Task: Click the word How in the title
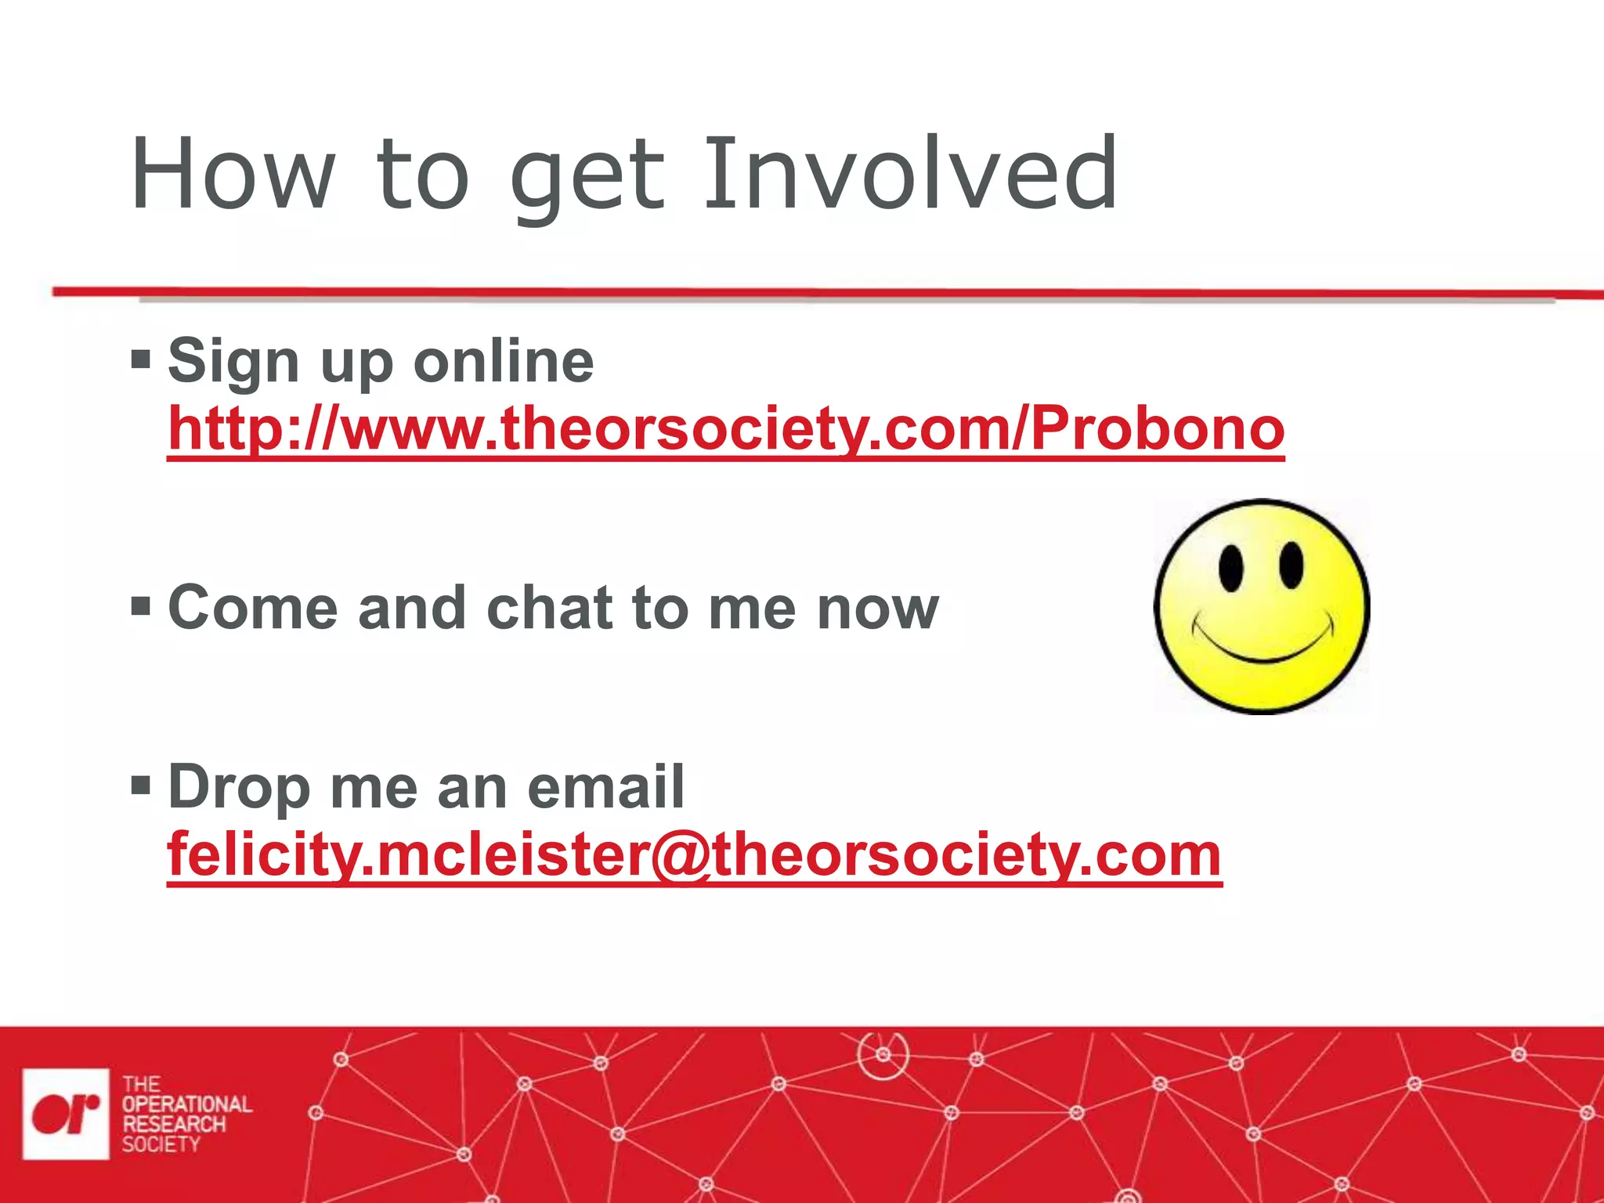(233, 174)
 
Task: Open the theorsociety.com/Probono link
(725, 429)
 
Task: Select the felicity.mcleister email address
(694, 855)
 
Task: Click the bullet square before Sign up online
(141, 360)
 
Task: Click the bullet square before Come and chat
(141, 605)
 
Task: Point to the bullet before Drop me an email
(141, 785)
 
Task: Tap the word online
(504, 362)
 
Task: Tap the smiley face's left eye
(1230, 568)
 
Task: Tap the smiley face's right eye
(1291, 564)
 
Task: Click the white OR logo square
(66, 1113)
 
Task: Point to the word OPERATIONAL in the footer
(186, 1104)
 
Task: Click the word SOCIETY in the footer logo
(161, 1144)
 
